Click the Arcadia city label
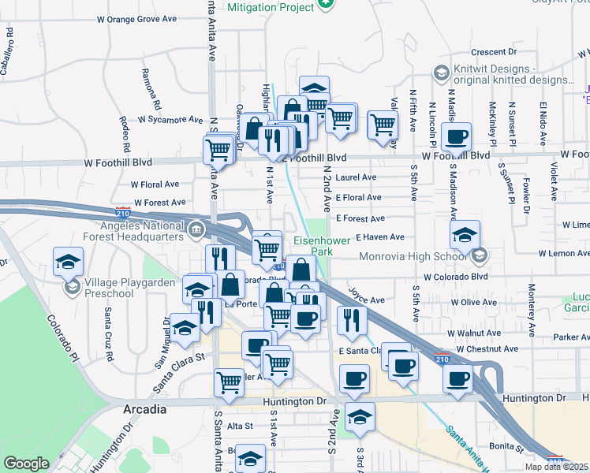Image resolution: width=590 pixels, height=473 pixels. pyautogui.click(x=145, y=409)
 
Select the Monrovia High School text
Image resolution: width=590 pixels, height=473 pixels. pyautogui.click(x=413, y=256)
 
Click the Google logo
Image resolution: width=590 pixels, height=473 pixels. pyautogui.click(x=26, y=464)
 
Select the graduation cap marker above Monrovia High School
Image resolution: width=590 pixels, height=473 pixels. pyautogui.click(x=465, y=234)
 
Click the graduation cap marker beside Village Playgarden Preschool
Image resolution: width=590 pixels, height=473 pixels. pyautogui.click(x=69, y=261)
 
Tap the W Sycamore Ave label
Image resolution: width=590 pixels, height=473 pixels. pyautogui.click(x=170, y=120)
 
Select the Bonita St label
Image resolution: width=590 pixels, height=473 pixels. pyautogui.click(x=506, y=446)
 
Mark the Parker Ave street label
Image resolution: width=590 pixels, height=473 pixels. pyautogui.click(x=571, y=337)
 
